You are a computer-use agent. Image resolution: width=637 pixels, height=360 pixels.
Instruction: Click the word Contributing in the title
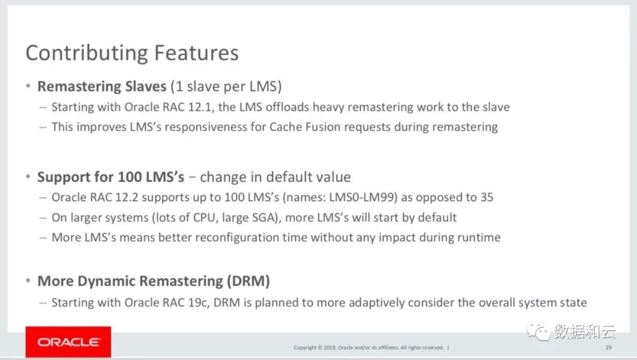[x=86, y=54]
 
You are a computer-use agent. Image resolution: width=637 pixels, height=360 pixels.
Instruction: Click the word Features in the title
[x=196, y=53]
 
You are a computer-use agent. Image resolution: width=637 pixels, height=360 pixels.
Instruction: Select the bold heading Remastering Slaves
[x=102, y=86]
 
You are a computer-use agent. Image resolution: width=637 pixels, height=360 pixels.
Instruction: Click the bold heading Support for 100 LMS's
[x=111, y=176]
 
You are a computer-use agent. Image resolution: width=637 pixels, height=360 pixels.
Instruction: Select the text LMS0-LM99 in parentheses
[x=363, y=197]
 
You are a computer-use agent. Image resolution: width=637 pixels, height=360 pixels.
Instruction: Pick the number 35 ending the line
[x=487, y=197]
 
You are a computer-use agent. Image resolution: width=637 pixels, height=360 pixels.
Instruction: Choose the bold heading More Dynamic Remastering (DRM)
[x=153, y=281]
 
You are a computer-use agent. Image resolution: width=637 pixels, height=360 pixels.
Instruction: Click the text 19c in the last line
[x=198, y=302]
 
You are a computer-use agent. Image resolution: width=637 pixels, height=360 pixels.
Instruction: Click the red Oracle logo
[x=68, y=342]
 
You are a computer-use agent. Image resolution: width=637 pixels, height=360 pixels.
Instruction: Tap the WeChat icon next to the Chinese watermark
[x=539, y=332]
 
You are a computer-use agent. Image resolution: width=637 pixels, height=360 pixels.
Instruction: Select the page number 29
[x=608, y=348]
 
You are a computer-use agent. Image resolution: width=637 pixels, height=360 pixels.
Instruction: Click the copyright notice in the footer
[x=369, y=348]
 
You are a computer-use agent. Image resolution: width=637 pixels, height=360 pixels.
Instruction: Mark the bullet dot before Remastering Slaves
[x=28, y=86]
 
